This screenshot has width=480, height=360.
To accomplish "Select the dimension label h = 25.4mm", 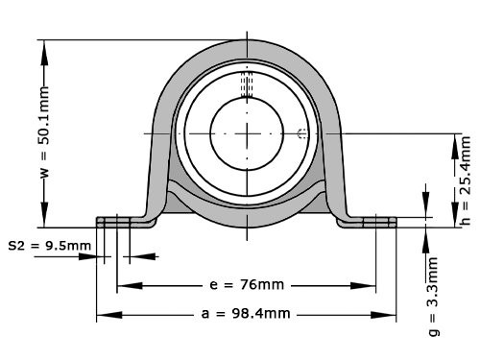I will click(465, 180).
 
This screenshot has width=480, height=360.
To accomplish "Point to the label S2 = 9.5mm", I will click(50, 245).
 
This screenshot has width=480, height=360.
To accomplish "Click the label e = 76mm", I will click(246, 285).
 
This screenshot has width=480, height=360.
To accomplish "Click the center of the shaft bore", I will click(247, 132).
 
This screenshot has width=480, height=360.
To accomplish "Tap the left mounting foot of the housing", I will click(125, 221).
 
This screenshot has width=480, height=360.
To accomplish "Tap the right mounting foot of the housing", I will click(371, 221).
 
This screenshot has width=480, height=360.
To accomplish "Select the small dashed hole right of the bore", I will click(302, 132).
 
